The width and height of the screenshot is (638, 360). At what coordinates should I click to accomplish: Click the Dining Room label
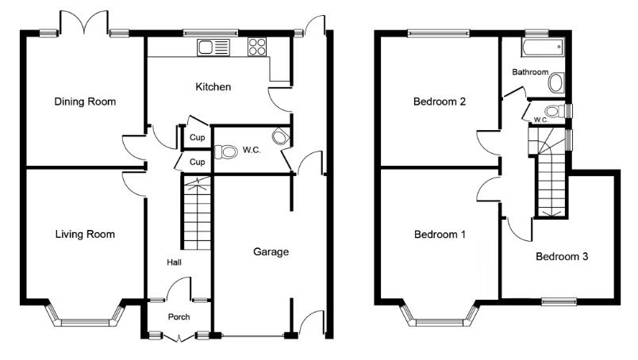point(85,101)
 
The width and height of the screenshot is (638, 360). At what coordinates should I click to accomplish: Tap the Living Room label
point(85,234)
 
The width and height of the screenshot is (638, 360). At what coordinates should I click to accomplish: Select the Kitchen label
point(213,86)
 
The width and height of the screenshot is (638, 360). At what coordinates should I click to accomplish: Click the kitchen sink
point(213,48)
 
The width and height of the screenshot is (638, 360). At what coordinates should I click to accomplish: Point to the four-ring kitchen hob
point(257,46)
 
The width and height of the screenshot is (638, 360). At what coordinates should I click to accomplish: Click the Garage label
point(271,252)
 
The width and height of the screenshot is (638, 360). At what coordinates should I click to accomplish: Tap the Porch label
point(179,316)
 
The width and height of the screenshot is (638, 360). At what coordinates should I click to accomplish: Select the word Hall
point(174,262)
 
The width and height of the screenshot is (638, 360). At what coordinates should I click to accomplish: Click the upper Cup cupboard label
point(198,137)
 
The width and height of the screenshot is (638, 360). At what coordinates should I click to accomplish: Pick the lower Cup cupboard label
point(198,162)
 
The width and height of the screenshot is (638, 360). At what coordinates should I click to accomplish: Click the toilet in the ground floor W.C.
point(226,152)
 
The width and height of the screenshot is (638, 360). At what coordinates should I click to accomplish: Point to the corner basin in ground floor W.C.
point(281,136)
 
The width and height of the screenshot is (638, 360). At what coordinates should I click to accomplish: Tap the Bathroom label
point(530,72)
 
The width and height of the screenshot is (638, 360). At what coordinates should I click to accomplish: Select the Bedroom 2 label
point(440,101)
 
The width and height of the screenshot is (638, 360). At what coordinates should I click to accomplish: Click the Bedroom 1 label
point(440,234)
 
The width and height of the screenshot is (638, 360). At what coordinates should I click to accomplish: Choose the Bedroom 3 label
point(562,256)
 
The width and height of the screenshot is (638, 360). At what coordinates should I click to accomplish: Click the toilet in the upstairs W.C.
point(555,111)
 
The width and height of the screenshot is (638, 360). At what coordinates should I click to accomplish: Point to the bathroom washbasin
point(556,83)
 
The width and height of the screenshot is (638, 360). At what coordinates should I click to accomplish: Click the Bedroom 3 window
point(559,301)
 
